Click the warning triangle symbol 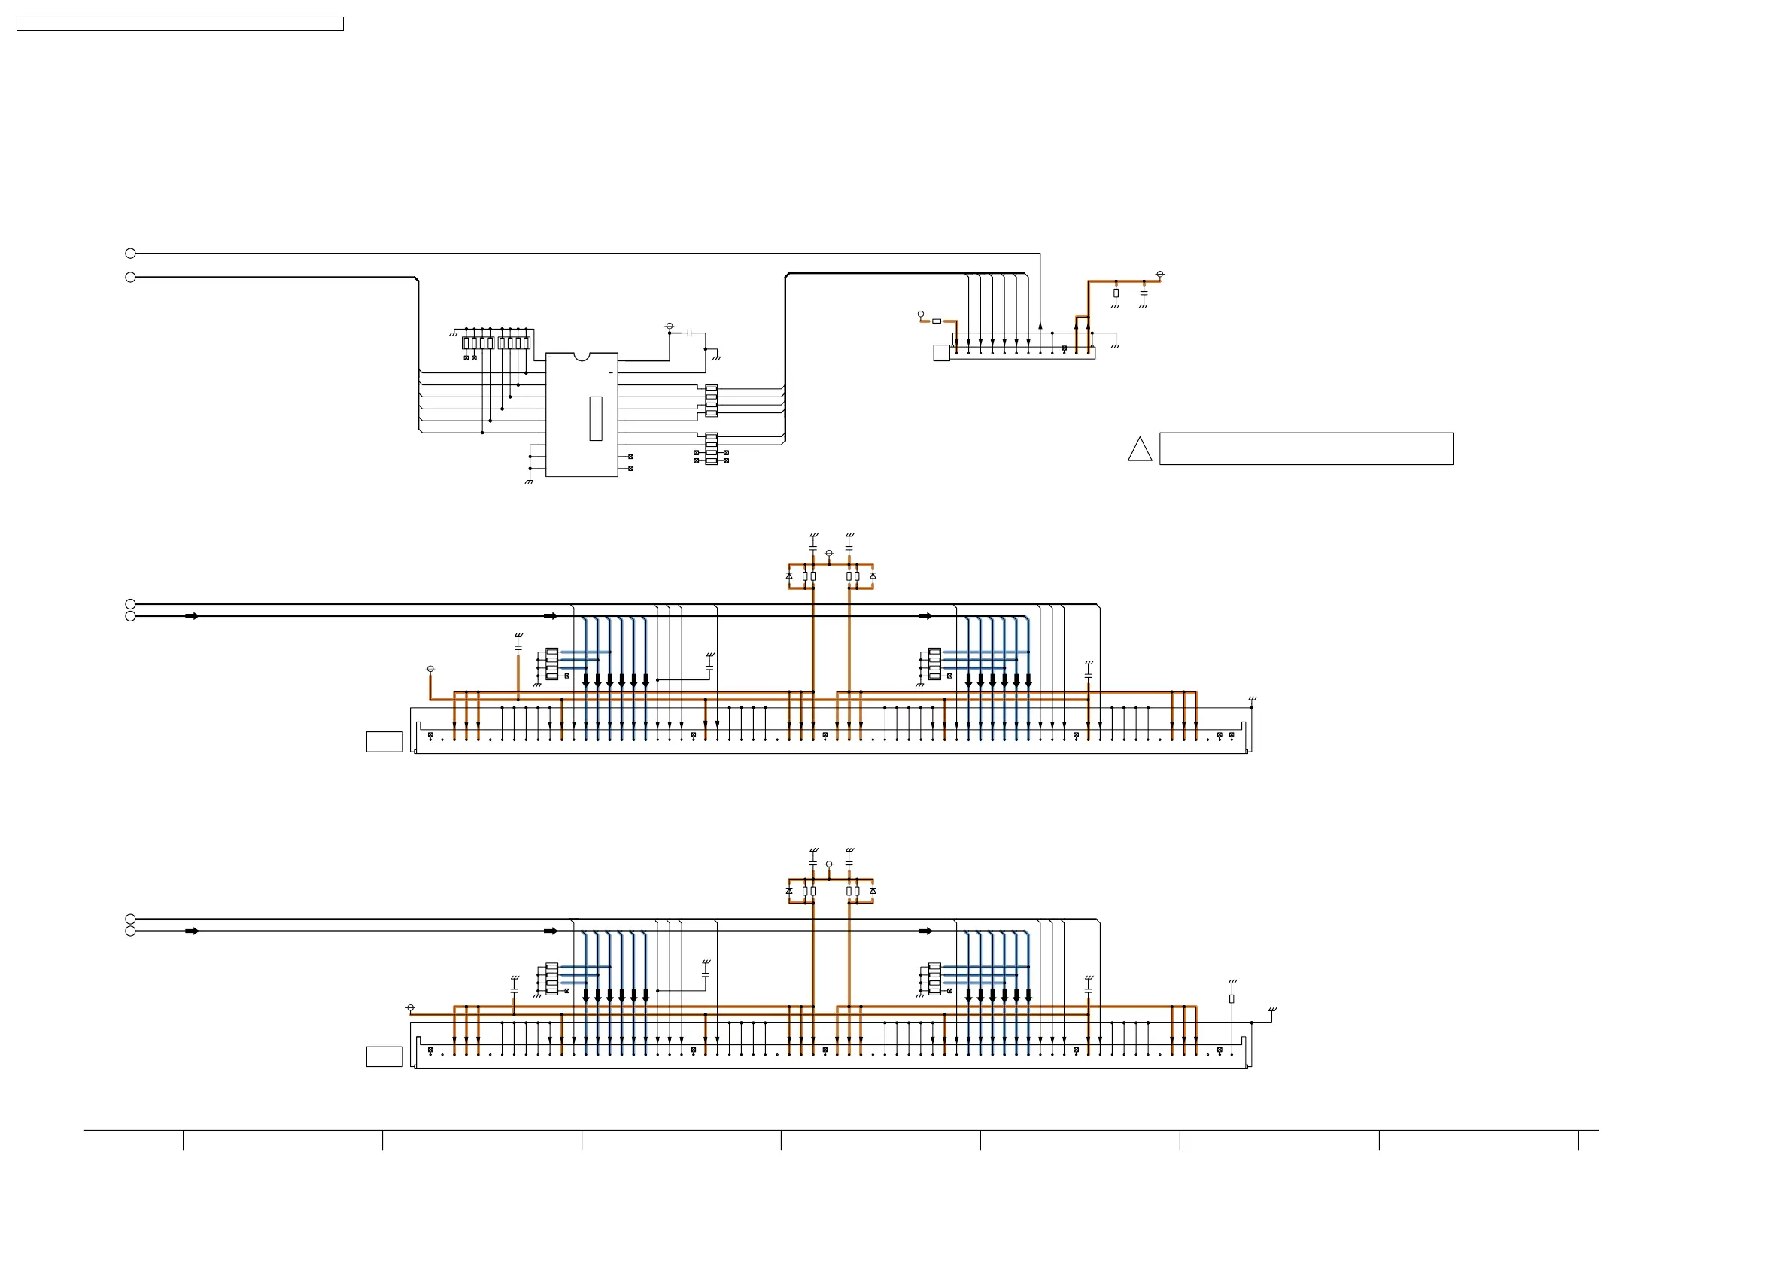(1140, 451)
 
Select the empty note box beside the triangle (1306, 449)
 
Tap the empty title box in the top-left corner (180, 24)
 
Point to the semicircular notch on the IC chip (582, 357)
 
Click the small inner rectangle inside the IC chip (596, 418)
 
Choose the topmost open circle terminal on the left (130, 253)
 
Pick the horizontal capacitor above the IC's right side (689, 333)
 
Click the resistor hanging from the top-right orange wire (1116, 293)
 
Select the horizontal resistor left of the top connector (937, 321)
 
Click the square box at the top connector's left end (941, 353)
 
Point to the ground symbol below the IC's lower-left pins (529, 482)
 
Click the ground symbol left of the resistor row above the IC (453, 334)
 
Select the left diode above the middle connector (789, 576)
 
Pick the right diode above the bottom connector (873, 891)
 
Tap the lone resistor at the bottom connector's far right (1232, 998)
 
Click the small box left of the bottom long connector (384, 1056)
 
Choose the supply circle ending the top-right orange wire (1160, 275)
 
